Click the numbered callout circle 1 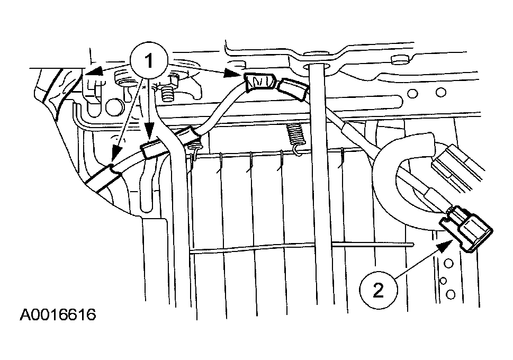click(149, 61)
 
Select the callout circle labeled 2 click(378, 290)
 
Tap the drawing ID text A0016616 click(58, 314)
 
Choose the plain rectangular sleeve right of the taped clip click(293, 88)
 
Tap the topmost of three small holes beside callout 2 click(448, 263)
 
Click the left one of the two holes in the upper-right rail click(413, 94)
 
